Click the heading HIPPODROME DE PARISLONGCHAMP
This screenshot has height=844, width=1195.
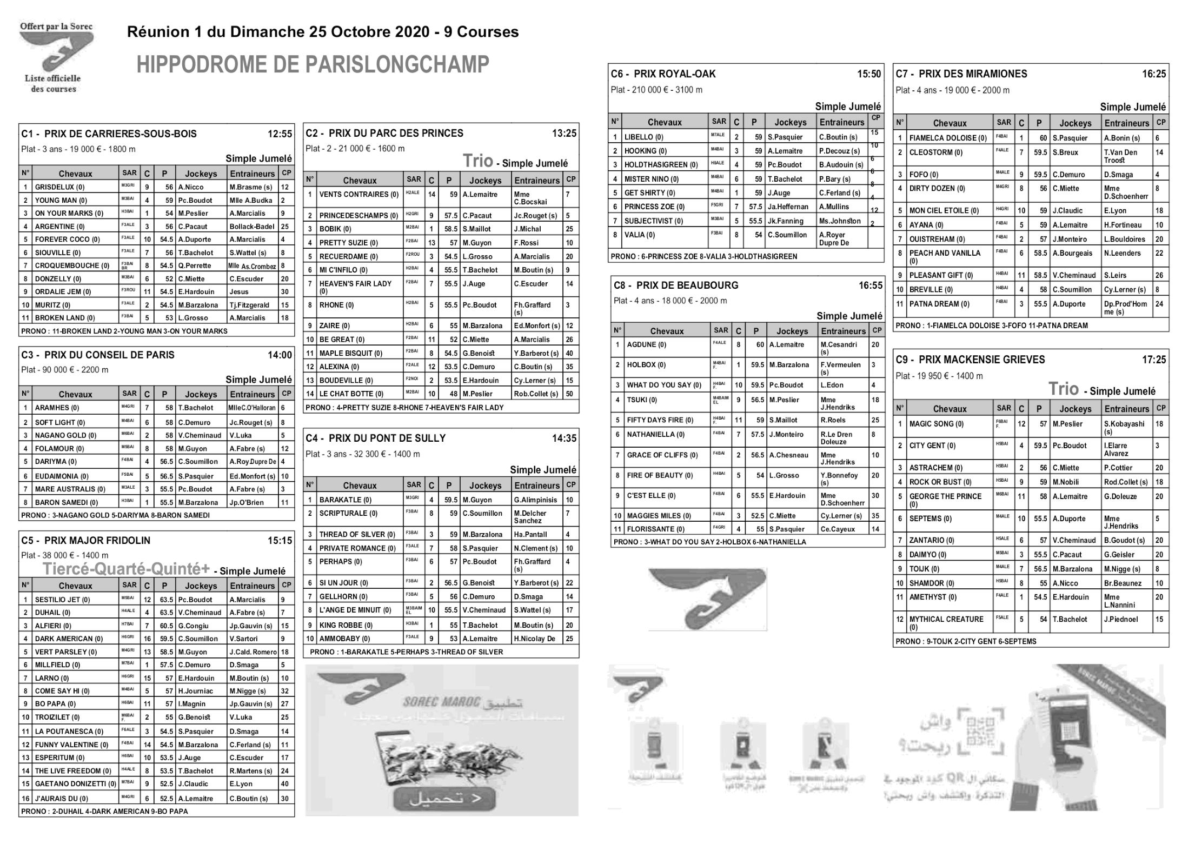coord(313,65)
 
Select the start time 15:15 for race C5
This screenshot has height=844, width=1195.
coord(280,540)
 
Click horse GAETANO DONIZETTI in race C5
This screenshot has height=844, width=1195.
coord(75,783)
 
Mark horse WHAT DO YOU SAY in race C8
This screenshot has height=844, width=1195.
coord(663,385)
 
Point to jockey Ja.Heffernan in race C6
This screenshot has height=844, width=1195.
coord(788,207)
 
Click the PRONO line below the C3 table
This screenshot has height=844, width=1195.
coord(115,515)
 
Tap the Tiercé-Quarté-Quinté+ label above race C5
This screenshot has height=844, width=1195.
coord(126,569)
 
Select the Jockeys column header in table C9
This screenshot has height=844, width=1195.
coord(1075,409)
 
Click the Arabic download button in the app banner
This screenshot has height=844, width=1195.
coord(437,798)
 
